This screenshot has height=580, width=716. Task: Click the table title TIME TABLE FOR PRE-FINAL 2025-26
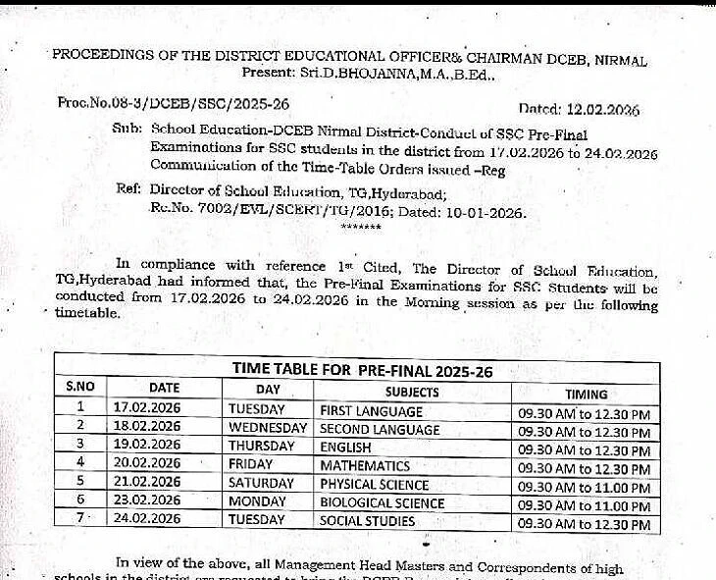tap(361, 370)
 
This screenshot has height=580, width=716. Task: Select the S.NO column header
tap(80, 389)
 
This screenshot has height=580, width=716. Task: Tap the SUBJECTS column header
tap(413, 391)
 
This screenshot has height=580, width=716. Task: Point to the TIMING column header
tap(586, 392)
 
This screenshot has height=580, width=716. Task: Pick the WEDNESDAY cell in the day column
tap(268, 428)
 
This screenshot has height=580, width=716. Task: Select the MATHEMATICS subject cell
tap(365, 465)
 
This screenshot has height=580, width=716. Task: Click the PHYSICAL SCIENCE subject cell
tap(375, 484)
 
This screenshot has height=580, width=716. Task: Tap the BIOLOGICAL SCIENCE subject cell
tap(383, 502)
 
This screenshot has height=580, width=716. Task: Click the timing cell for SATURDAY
tap(585, 488)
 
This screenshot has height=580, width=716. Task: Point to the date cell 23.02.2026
tap(147, 501)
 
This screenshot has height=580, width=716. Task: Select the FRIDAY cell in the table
tap(251, 464)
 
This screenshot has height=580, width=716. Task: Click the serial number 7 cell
tap(80, 518)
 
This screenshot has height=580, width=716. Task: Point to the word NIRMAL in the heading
tap(618, 60)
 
